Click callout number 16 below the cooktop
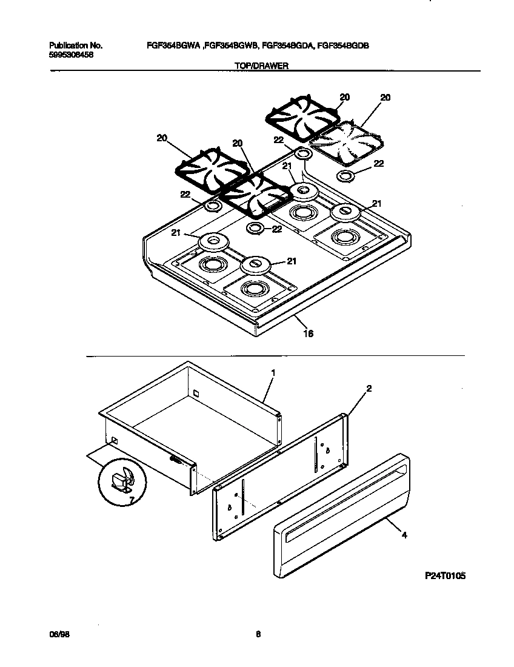pos(308,333)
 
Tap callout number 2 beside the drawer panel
pos(369,387)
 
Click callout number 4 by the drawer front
pos(404,535)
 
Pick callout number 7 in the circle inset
pos(128,500)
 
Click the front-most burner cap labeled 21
pos(255,265)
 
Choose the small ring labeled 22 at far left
pos(213,207)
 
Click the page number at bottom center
pos(258,634)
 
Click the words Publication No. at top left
pos(76,45)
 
